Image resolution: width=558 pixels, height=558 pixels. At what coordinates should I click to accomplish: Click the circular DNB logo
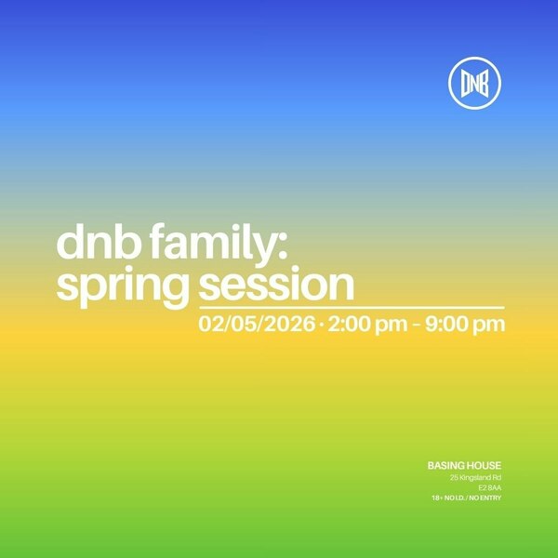tap(474, 85)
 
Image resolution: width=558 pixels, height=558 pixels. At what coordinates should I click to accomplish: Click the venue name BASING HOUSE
tap(464, 465)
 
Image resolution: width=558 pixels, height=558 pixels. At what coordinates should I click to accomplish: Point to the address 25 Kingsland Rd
tap(475, 477)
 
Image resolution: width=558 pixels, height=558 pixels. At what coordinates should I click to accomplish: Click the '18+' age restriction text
tap(436, 498)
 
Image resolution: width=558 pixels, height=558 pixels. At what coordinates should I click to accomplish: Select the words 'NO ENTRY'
tap(485, 498)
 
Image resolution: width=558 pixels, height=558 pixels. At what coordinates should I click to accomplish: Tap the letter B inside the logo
tap(485, 85)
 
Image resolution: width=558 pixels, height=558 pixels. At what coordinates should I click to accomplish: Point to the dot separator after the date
tap(321, 325)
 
